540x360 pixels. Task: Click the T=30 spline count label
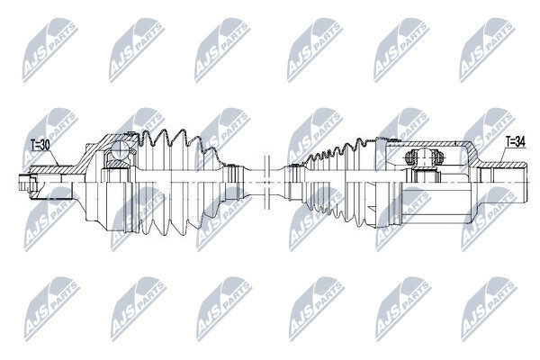pos(40,145)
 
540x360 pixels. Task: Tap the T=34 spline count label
pos(516,141)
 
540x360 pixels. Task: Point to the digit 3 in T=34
pos(517,141)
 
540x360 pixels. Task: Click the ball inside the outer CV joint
pos(120,150)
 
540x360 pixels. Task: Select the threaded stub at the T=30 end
pos(24,182)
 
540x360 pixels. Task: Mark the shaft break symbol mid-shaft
pos(266,182)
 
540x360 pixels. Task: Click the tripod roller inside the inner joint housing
pos(424,157)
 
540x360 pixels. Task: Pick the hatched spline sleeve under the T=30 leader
pos(51,170)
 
